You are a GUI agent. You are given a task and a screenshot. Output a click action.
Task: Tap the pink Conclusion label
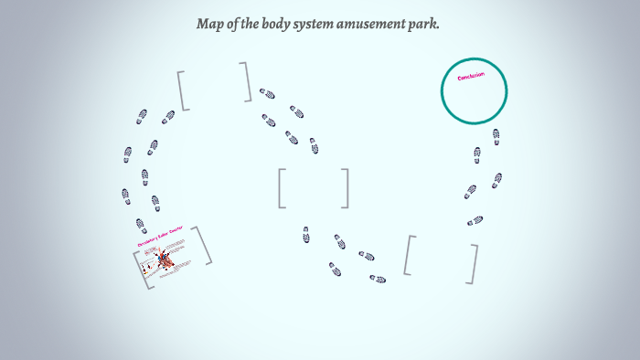(471, 76)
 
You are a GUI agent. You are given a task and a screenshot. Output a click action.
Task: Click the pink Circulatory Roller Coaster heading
(160, 239)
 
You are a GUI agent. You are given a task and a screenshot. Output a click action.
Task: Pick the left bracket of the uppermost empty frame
(182, 90)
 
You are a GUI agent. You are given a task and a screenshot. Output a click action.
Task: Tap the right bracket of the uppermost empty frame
(247, 81)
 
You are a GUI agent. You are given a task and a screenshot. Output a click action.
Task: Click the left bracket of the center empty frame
(282, 188)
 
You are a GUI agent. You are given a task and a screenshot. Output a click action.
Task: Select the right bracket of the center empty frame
(346, 188)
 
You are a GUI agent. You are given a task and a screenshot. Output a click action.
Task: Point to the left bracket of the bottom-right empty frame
(409, 255)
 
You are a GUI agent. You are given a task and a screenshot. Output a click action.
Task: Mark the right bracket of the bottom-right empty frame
(474, 263)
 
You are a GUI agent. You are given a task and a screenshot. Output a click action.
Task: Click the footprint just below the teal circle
(496, 136)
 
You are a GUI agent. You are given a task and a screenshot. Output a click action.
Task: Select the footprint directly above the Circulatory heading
(141, 224)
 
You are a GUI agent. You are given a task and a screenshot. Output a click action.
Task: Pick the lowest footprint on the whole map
(377, 279)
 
